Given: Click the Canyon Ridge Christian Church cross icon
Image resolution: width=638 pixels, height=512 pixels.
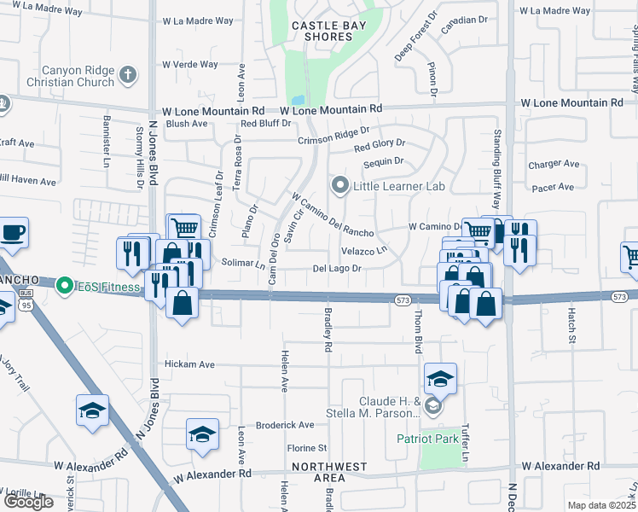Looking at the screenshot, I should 128,73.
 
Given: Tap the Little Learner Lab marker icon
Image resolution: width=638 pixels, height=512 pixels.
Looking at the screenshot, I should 340,184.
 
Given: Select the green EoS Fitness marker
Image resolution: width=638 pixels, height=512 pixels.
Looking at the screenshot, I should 63,287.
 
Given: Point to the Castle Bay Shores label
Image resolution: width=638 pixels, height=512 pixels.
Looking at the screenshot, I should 329,32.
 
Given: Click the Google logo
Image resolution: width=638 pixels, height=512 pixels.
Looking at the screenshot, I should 28,502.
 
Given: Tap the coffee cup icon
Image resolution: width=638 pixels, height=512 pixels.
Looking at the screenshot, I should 13,232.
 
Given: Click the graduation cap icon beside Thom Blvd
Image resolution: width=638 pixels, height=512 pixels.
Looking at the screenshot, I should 440,378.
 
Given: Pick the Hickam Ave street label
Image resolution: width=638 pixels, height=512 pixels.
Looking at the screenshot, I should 189,364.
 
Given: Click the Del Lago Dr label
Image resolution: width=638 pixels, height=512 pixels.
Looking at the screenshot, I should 339,269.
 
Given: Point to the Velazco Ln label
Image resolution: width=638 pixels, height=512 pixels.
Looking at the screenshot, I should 364,251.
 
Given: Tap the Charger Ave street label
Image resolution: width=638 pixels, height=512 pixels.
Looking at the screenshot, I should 554,164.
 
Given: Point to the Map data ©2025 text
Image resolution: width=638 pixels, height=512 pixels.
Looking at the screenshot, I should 601,505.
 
